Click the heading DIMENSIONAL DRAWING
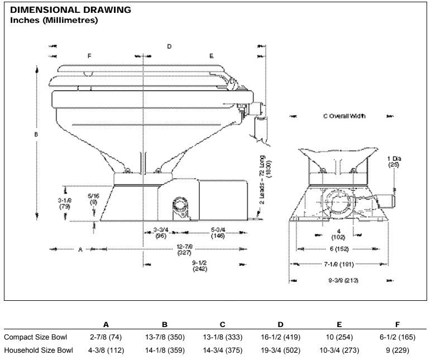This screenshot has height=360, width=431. pos(71,10)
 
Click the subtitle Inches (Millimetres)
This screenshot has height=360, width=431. pos(54,21)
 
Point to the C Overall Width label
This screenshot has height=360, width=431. pos(344,116)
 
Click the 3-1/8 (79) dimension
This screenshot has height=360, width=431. pos(64,203)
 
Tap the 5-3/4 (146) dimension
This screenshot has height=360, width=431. pos(218,233)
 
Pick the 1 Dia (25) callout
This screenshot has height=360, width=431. pos(394,162)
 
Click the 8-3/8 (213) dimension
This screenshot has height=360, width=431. pos(343,280)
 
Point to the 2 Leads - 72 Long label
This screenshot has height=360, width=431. pos(265,179)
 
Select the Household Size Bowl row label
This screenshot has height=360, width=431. pos(39,351)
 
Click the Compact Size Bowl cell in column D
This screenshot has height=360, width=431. pos(280,337)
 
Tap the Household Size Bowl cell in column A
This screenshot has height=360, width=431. pos(106,351)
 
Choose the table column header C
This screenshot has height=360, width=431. pos(222,324)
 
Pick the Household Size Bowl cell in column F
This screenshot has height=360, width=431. pos(397,351)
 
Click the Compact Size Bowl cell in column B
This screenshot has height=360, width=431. pos(164,337)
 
